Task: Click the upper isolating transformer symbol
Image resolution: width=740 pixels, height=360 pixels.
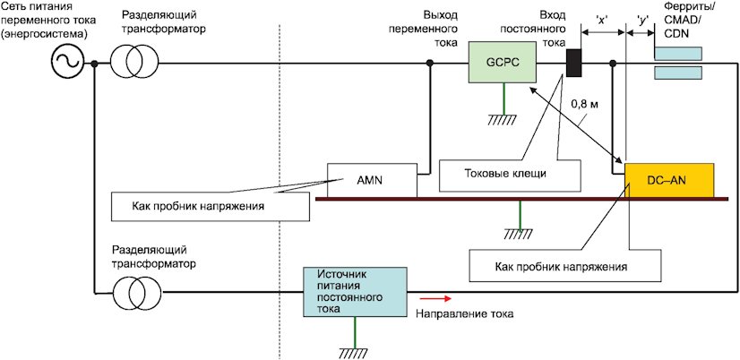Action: point(134,63)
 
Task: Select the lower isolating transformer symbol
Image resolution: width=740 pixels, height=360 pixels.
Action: point(134,289)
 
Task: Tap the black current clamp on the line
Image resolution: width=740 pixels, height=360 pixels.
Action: point(574,64)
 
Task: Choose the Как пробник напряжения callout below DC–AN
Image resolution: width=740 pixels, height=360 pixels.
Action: point(564,266)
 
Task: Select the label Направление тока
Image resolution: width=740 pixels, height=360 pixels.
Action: point(462,315)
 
